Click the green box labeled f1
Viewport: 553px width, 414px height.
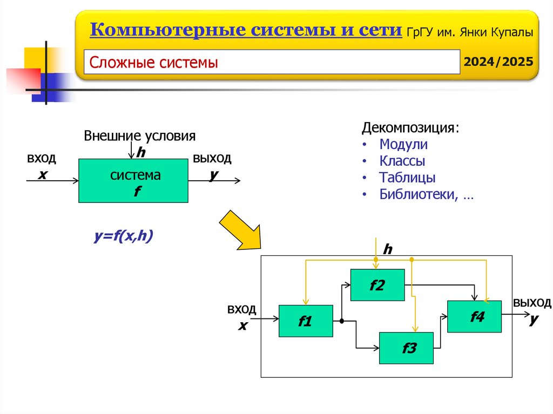click(306, 321)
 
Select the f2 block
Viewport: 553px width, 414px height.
click(377, 284)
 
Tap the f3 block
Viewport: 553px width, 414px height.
click(406, 348)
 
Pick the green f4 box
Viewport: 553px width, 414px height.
click(474, 316)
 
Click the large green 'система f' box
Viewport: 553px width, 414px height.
click(133, 181)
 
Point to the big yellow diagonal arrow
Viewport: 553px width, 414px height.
click(239, 230)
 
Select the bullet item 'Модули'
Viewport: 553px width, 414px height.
click(403, 145)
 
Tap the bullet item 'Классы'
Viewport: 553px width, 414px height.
click(402, 161)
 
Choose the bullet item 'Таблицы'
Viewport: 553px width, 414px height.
click(407, 178)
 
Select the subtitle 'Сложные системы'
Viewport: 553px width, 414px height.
click(154, 63)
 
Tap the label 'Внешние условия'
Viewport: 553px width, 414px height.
click(139, 135)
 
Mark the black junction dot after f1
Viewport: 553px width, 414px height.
click(342, 321)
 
